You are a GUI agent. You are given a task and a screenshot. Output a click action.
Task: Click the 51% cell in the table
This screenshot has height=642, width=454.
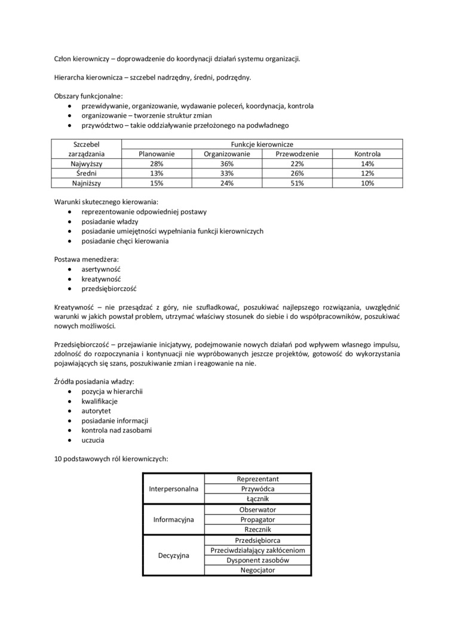coord(297,183)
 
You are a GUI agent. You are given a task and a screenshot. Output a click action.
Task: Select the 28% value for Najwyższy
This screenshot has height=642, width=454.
coord(157,164)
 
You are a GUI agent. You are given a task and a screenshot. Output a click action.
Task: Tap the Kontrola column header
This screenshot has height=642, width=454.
coord(367,154)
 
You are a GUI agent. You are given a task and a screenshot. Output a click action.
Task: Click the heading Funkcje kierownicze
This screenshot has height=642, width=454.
coord(262,144)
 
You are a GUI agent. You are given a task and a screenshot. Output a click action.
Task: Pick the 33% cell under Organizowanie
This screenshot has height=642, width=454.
coord(226,173)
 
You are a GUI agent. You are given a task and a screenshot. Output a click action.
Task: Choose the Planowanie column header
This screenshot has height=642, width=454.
coord(157,154)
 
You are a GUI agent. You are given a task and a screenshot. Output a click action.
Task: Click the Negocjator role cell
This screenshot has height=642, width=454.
coord(257,570)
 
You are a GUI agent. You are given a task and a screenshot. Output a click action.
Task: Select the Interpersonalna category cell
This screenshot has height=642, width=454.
coord(173,489)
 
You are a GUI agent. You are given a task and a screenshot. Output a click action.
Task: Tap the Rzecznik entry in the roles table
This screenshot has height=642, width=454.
coord(257,530)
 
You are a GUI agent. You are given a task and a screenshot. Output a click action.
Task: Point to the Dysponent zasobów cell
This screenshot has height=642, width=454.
coord(257,560)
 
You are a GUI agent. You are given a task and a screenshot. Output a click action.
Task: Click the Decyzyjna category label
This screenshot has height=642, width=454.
coord(173,555)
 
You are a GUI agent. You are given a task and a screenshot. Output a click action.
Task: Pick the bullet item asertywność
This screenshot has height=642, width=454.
coord(101,269)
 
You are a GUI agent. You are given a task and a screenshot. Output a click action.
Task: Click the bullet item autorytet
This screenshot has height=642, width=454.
coord(96,411)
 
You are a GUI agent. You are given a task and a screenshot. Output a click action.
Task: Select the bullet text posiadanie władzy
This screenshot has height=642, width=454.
coord(110,222)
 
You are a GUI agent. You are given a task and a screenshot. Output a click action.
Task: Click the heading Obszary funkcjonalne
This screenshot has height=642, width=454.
coord(88,96)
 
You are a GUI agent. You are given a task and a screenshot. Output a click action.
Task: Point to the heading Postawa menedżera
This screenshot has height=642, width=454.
coord(86,260)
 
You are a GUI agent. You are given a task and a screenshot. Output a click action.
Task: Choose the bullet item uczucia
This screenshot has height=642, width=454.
coord(93,440)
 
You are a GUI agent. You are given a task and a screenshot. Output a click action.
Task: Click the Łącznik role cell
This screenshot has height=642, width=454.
coord(257,499)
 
